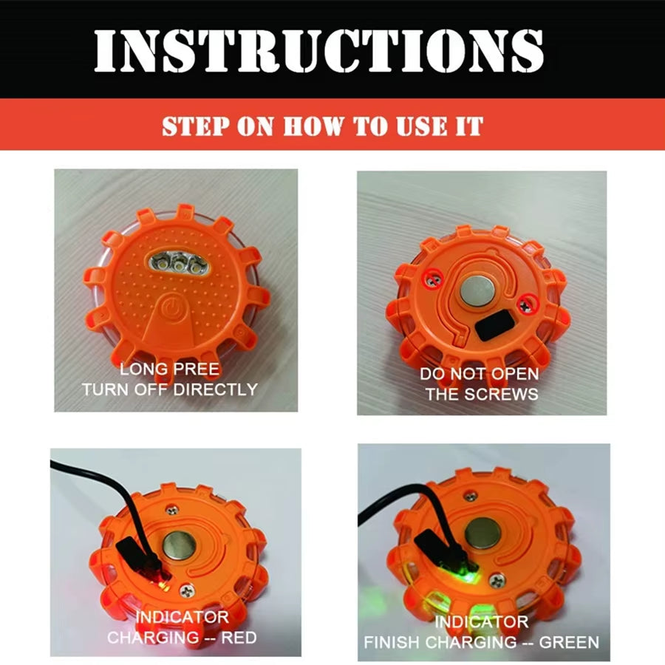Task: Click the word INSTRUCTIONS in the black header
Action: point(318,50)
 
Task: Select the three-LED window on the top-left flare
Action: point(177,262)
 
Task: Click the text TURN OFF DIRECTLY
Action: point(169,389)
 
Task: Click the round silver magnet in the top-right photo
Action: point(477,292)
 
